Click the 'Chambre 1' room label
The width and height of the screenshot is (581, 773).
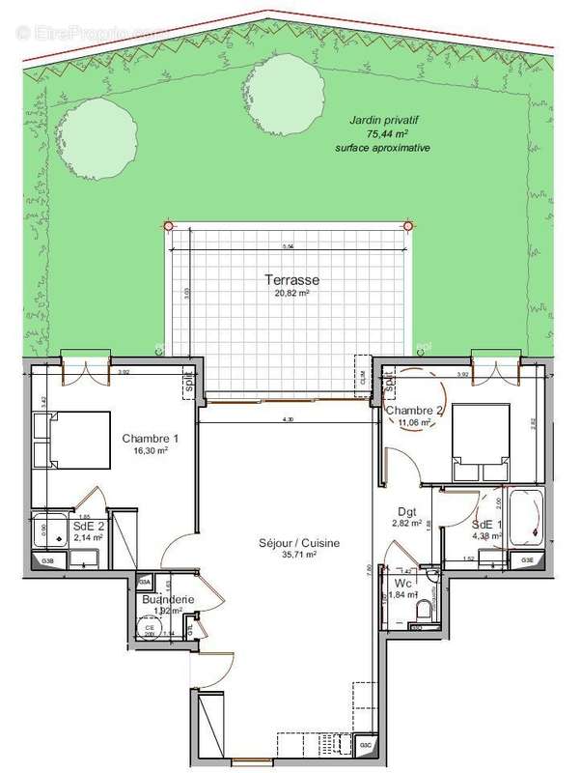click(x=151, y=438)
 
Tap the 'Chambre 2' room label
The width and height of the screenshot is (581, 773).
click(x=413, y=412)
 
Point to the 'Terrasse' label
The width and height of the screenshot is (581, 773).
click(x=291, y=281)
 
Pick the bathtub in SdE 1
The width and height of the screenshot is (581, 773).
click(x=528, y=523)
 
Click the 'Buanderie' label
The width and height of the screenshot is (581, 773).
click(x=169, y=599)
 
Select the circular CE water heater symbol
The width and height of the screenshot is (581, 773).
click(x=150, y=628)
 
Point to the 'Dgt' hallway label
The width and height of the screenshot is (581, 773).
click(x=407, y=512)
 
